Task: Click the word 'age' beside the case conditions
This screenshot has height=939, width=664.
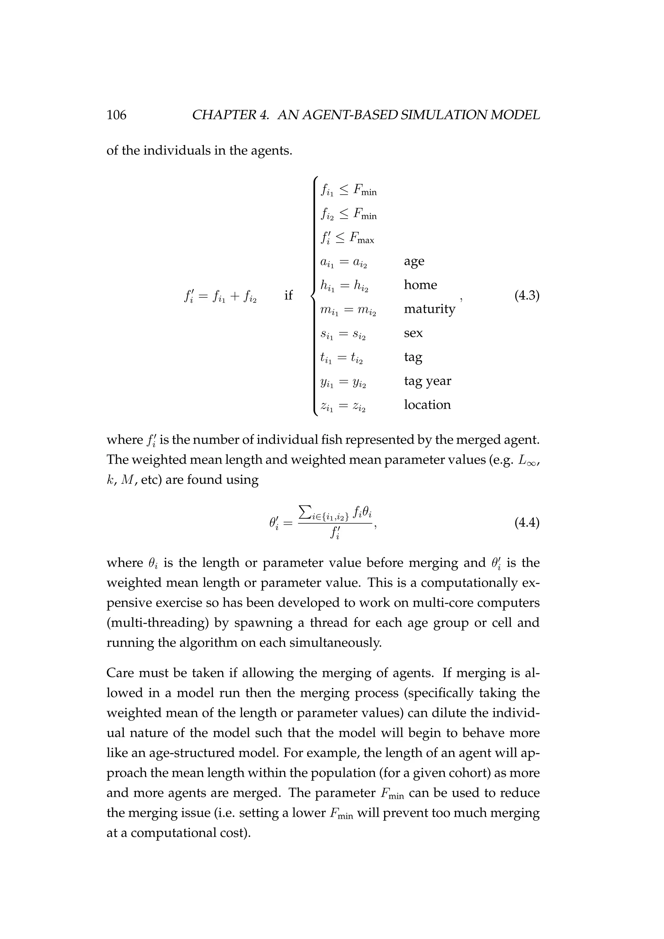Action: [x=414, y=261]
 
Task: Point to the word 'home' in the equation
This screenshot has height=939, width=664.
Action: [x=420, y=285]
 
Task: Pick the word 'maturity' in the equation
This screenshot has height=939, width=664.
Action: [x=429, y=309]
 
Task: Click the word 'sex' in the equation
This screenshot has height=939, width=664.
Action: [x=413, y=333]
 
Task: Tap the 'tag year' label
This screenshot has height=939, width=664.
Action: [x=427, y=381]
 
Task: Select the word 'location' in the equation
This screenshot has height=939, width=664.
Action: [x=427, y=405]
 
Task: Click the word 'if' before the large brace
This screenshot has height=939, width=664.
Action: [x=288, y=295]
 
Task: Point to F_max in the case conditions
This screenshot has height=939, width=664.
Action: [x=360, y=238]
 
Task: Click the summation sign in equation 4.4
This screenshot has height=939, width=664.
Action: [x=304, y=511]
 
